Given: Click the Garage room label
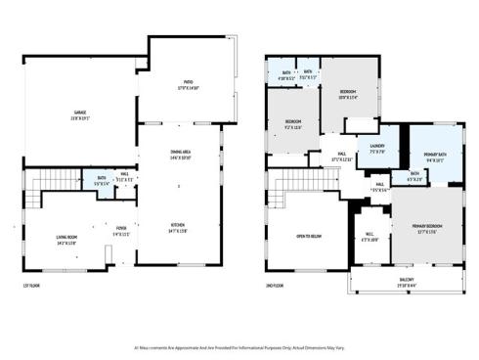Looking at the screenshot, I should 79,113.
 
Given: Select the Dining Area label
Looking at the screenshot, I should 179,154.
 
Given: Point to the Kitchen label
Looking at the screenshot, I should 179,229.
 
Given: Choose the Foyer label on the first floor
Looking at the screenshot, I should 121,231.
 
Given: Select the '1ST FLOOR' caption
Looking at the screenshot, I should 32,285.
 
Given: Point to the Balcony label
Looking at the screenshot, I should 405,282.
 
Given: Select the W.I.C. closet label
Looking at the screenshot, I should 370,236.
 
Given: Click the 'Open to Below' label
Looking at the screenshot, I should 308,236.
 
